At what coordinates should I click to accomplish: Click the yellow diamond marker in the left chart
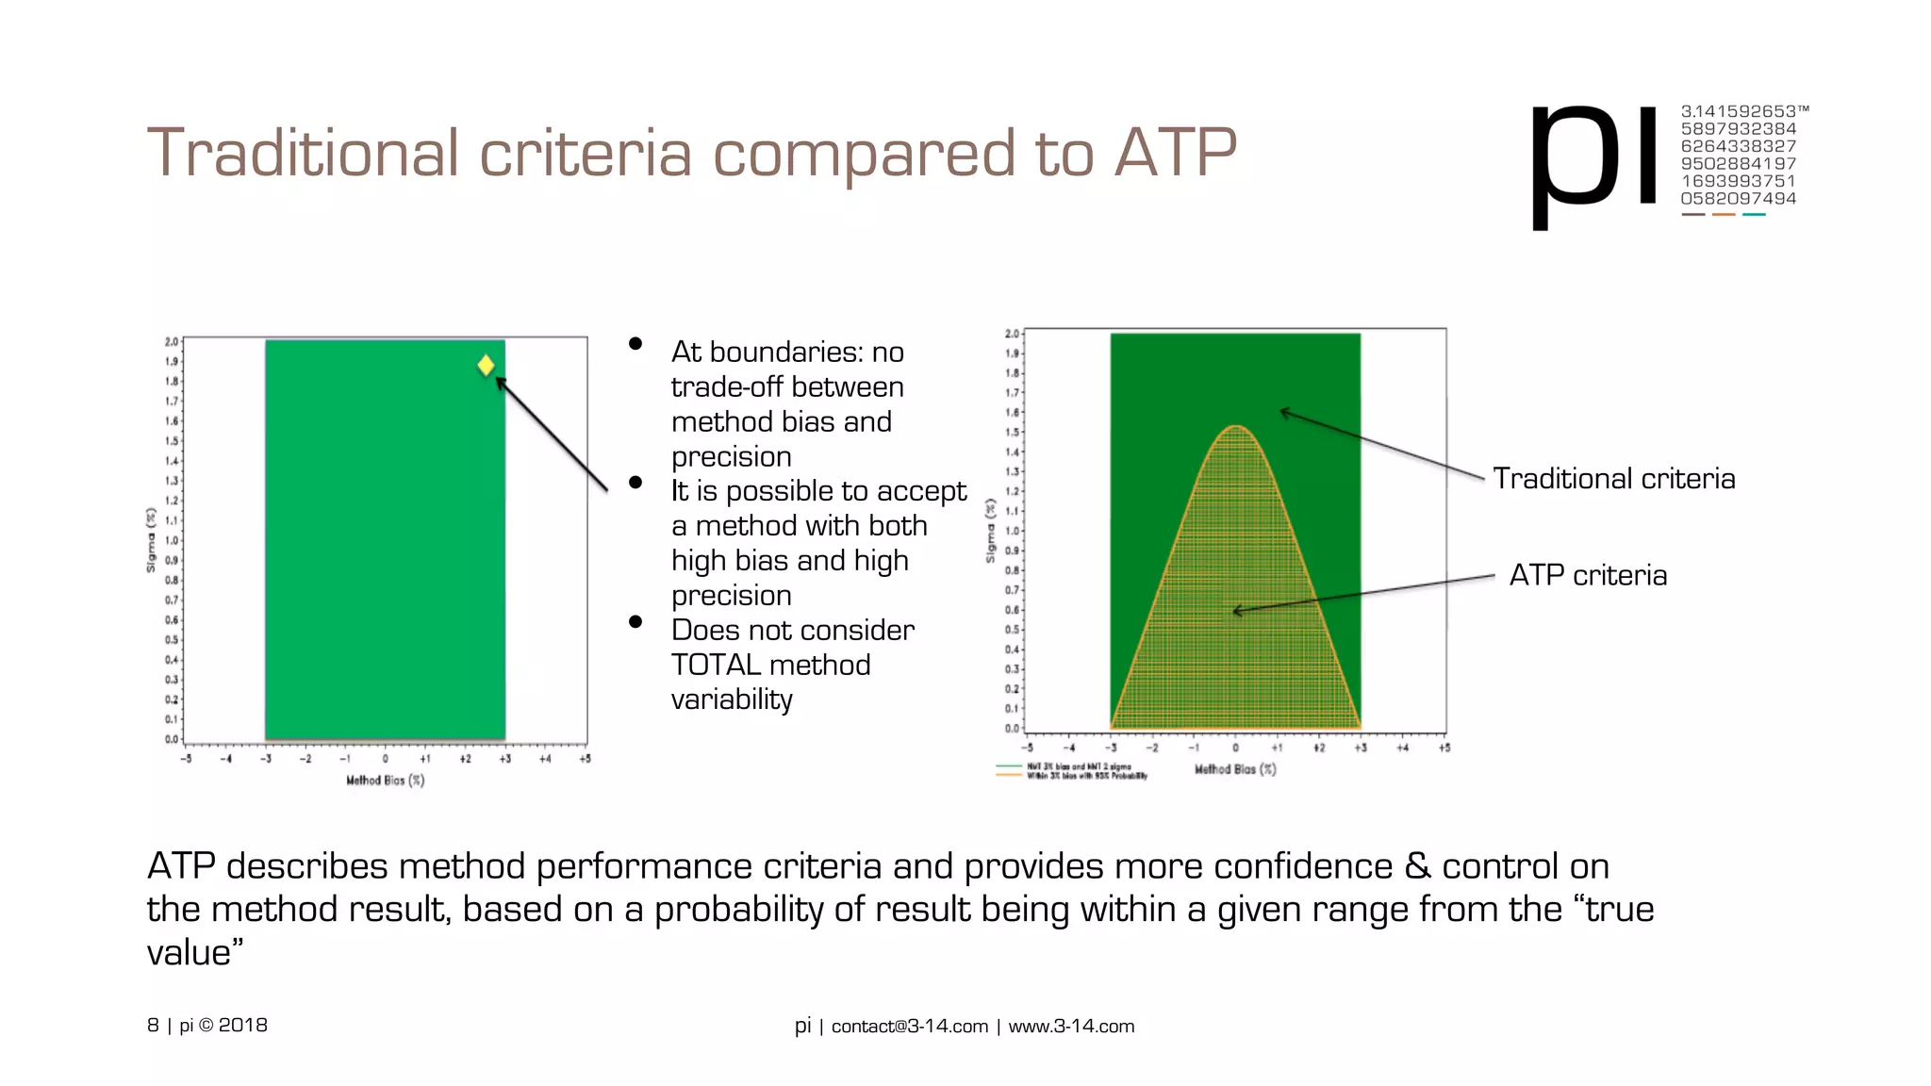coord(486,365)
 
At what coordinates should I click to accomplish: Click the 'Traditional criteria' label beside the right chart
coord(1613,479)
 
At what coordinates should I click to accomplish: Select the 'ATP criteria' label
coord(1588,575)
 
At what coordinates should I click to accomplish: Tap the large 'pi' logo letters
coord(1593,160)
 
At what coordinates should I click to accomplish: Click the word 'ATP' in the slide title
coord(1175,153)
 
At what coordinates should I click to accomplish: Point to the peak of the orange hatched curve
coord(1235,428)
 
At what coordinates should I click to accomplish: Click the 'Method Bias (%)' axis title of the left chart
coord(385,781)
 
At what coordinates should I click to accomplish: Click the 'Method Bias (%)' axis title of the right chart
coord(1235,769)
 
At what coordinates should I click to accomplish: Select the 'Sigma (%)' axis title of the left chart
coord(151,540)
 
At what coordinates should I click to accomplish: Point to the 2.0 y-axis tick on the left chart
coord(172,341)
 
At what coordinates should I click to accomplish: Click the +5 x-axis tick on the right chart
coord(1444,748)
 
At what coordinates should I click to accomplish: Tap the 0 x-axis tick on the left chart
coord(385,759)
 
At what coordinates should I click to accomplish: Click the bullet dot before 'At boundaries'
coord(635,344)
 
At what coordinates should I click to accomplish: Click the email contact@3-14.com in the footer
coord(909,1027)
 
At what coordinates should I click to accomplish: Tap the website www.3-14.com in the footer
coord(1071,1027)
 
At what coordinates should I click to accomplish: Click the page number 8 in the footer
coord(153,1026)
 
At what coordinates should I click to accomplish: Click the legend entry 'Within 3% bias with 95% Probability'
coord(1086,776)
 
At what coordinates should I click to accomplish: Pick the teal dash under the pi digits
coord(1754,215)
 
